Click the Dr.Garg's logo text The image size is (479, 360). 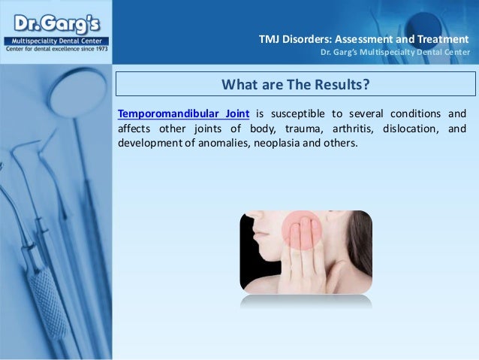point(56,19)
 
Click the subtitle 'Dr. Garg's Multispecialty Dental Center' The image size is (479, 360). point(395,52)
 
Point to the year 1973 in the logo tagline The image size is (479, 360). point(99,47)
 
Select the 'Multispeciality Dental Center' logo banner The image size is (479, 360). point(56,39)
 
